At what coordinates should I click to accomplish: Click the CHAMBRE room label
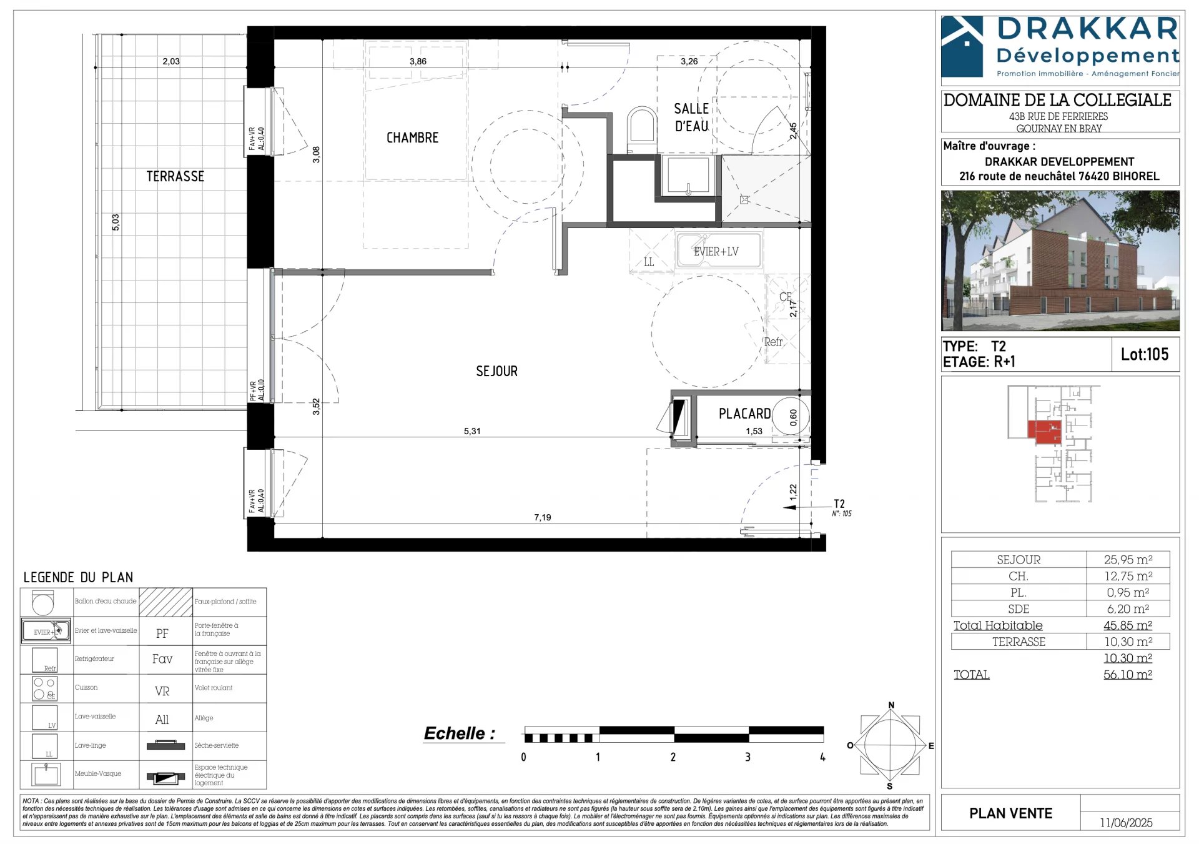[x=412, y=137]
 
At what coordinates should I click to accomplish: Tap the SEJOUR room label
[x=496, y=371]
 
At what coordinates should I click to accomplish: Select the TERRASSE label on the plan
[x=175, y=176]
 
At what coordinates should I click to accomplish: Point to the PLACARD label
[x=744, y=414]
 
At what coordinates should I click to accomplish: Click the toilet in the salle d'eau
[x=642, y=128]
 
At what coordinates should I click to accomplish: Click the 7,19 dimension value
[x=542, y=517]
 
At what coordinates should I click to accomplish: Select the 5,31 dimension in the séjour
[x=472, y=431]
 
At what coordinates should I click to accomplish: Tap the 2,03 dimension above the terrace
[x=170, y=61]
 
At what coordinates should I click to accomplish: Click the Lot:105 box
[x=1144, y=354]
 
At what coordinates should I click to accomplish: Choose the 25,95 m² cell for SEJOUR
[x=1127, y=560]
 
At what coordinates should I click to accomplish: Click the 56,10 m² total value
[x=1127, y=675]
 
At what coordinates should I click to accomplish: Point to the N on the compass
[x=891, y=705]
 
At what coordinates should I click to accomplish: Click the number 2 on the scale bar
[x=673, y=757]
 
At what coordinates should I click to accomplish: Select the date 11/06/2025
[x=1126, y=823]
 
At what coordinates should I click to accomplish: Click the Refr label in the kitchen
[x=773, y=342]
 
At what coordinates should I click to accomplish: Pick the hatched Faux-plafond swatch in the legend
[x=165, y=602]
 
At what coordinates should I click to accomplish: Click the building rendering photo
[x=1060, y=261]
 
